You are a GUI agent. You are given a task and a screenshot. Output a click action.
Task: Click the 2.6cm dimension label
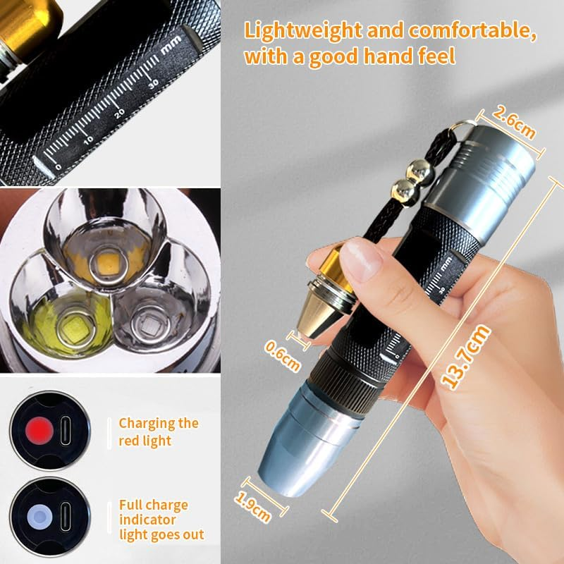click(x=514, y=121)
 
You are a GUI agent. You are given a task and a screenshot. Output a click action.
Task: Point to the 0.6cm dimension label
click(x=282, y=355)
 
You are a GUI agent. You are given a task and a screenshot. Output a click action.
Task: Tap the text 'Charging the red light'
click(x=158, y=431)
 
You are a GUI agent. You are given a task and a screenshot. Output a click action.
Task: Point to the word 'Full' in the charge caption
click(x=131, y=505)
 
